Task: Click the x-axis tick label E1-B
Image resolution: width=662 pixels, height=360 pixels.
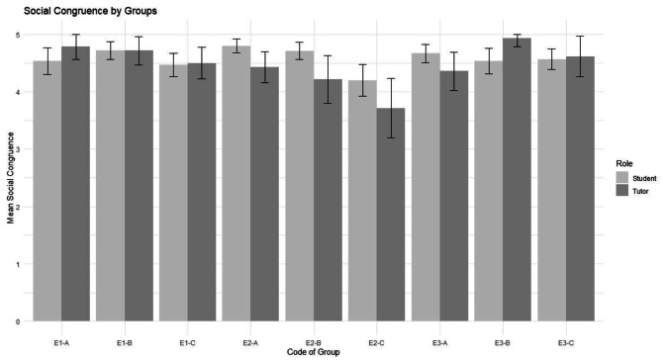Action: coord(124,341)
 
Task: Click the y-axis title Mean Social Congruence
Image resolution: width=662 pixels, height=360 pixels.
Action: coord(8,178)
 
